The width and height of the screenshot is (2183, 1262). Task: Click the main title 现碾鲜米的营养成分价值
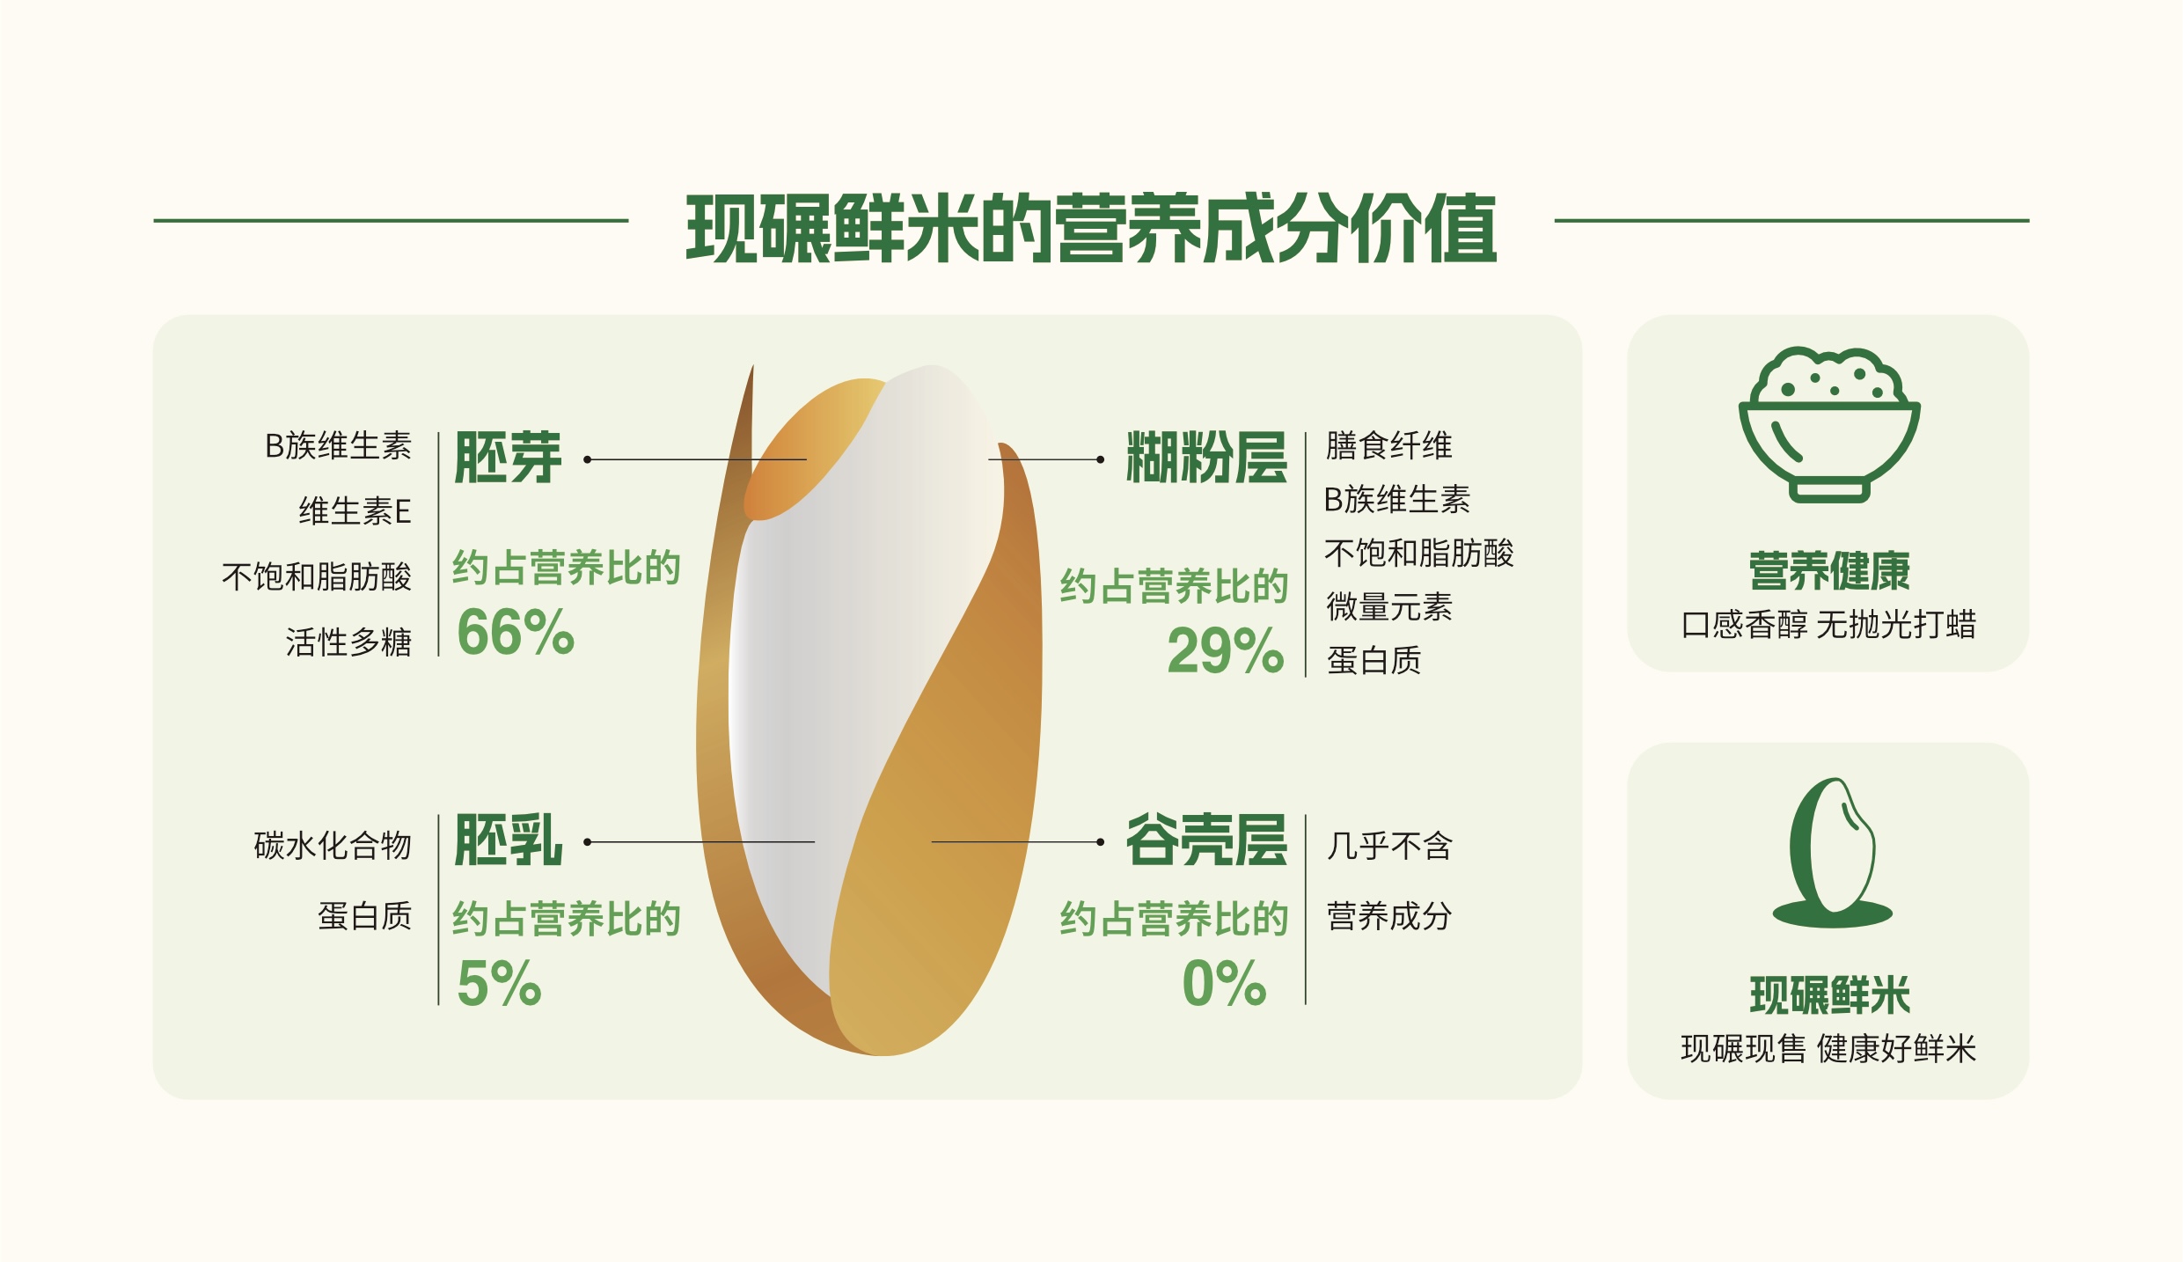[1091, 229]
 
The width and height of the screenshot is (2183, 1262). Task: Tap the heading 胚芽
[508, 458]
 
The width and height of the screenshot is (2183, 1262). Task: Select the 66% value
[516, 632]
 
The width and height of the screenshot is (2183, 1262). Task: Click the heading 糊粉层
[1206, 458]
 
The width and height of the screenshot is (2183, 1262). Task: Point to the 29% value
[1226, 651]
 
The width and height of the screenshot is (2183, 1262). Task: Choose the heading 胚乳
[508, 840]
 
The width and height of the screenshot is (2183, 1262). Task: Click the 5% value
[499, 983]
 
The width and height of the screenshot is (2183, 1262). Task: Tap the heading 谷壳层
[1206, 840]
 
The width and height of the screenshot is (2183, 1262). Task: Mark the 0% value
[1225, 983]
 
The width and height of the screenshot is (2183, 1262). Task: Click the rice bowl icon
[1829, 424]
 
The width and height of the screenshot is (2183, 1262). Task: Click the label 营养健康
[1829, 571]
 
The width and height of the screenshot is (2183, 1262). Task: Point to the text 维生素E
[355, 511]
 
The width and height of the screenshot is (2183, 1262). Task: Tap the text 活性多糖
[348, 642]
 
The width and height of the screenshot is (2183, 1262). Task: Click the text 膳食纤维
[1389, 445]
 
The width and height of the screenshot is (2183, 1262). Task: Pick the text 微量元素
[1389, 607]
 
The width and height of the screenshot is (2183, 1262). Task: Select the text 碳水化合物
[333, 846]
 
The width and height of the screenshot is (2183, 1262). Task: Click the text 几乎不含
[1389, 846]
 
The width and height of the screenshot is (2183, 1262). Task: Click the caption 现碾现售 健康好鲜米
[1828, 1049]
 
